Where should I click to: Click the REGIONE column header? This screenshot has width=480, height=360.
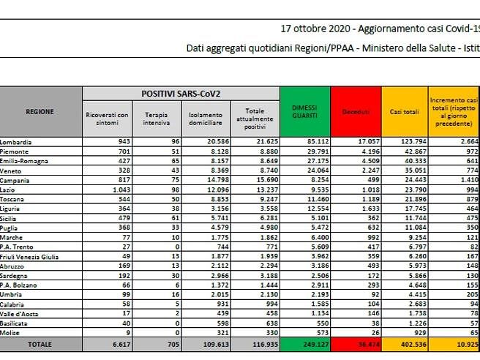point(40,111)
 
